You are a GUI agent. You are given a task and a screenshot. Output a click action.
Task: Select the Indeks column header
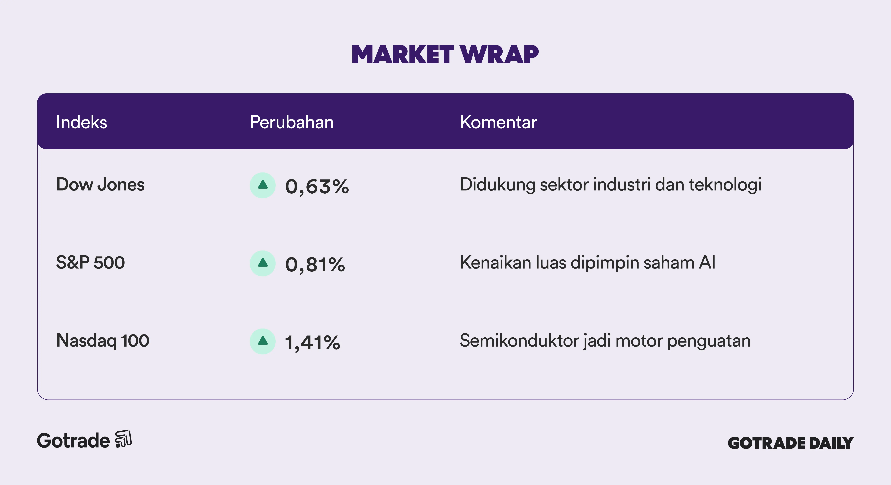pos(82,122)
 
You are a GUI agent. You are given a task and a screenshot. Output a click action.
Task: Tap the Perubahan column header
pos(292,122)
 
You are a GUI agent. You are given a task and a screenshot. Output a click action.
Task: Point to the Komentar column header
pos(498,122)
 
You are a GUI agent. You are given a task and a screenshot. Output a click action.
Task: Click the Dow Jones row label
pos(100,185)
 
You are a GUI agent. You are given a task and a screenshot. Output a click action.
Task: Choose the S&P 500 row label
pos(90,262)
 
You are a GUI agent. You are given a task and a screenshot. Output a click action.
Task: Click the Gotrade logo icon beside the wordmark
pos(123,439)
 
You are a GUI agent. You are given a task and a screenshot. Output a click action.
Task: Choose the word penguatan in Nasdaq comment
pos(709,341)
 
